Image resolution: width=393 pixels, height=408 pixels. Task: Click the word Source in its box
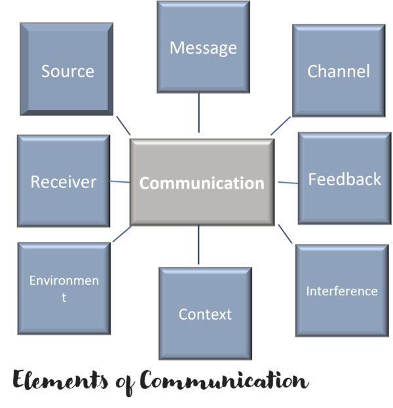[67, 71]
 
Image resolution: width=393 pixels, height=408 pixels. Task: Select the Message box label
[203, 48]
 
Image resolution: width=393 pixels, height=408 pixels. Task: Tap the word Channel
[339, 71]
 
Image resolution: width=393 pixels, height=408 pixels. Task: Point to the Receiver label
[64, 181]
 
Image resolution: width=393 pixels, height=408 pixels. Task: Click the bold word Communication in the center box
[202, 183]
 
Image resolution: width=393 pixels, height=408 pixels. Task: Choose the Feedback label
[345, 179]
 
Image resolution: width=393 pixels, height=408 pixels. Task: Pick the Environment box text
[64, 288]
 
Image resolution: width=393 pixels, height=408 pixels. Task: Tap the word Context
[205, 314]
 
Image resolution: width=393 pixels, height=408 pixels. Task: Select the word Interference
[342, 291]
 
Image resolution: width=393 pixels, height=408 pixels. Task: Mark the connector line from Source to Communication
[122, 126]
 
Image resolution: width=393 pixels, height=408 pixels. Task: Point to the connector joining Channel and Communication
[280, 126]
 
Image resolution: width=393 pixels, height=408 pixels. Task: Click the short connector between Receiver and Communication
[119, 181]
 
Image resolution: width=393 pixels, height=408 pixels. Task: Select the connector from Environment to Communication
[121, 235]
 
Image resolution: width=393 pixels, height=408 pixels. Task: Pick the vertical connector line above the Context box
[198, 246]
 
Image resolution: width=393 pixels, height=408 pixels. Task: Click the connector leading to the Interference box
[285, 234]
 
